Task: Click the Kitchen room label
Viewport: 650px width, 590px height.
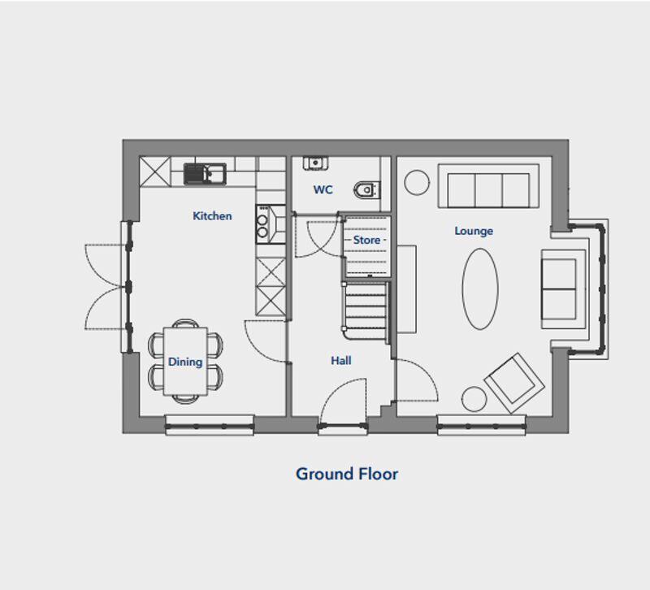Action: pyautogui.click(x=212, y=216)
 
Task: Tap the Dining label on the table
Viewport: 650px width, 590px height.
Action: pyautogui.click(x=185, y=362)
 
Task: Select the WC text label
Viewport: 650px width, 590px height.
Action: pyautogui.click(x=323, y=190)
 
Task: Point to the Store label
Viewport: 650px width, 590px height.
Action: pyautogui.click(x=367, y=240)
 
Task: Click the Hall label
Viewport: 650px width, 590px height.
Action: pyautogui.click(x=341, y=361)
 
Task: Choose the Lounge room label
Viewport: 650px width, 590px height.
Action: pyautogui.click(x=474, y=231)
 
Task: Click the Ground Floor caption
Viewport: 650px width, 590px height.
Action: pyautogui.click(x=347, y=474)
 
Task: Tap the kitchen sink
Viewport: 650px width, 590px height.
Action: pyautogui.click(x=205, y=174)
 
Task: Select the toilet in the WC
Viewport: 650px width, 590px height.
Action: pyautogui.click(x=367, y=190)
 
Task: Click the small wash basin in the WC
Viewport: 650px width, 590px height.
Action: pyautogui.click(x=315, y=163)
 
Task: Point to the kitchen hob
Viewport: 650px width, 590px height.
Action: pyautogui.click(x=271, y=224)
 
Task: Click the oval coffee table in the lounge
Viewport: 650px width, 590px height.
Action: pyautogui.click(x=480, y=289)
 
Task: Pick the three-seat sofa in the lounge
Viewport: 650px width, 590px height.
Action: pyautogui.click(x=488, y=186)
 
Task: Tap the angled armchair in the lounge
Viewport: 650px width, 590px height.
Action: pyautogui.click(x=514, y=383)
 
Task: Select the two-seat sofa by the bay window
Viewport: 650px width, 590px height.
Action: pyautogui.click(x=563, y=289)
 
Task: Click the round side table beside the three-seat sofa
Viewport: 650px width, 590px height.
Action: pyautogui.click(x=417, y=182)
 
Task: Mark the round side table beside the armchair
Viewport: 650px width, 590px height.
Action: pyautogui.click(x=474, y=399)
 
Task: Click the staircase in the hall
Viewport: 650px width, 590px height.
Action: pyautogui.click(x=366, y=311)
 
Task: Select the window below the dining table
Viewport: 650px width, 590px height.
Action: pyautogui.click(x=210, y=425)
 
